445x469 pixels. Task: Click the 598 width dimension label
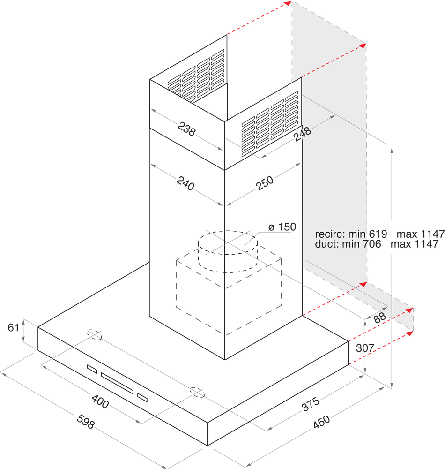[86, 422]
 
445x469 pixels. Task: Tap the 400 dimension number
[100, 402]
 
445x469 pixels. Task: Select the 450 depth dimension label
[322, 422]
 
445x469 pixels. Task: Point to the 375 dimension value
[311, 404]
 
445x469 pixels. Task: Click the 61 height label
[14, 327]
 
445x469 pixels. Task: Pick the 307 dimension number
[365, 348]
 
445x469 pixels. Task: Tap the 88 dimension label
[379, 318]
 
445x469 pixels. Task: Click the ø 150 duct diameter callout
[282, 227]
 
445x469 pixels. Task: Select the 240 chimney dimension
[185, 183]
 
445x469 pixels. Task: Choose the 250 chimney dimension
[265, 183]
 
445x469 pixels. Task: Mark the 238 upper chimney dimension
[186, 129]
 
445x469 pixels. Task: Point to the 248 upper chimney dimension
[302, 134]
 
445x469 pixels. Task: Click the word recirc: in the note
[330, 234]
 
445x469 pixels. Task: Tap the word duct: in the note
[327, 244]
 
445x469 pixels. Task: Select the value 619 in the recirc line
[378, 234]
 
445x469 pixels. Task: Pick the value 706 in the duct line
[372, 244]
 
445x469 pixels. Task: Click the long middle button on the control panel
[117, 383]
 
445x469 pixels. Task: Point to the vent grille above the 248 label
[270, 123]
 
